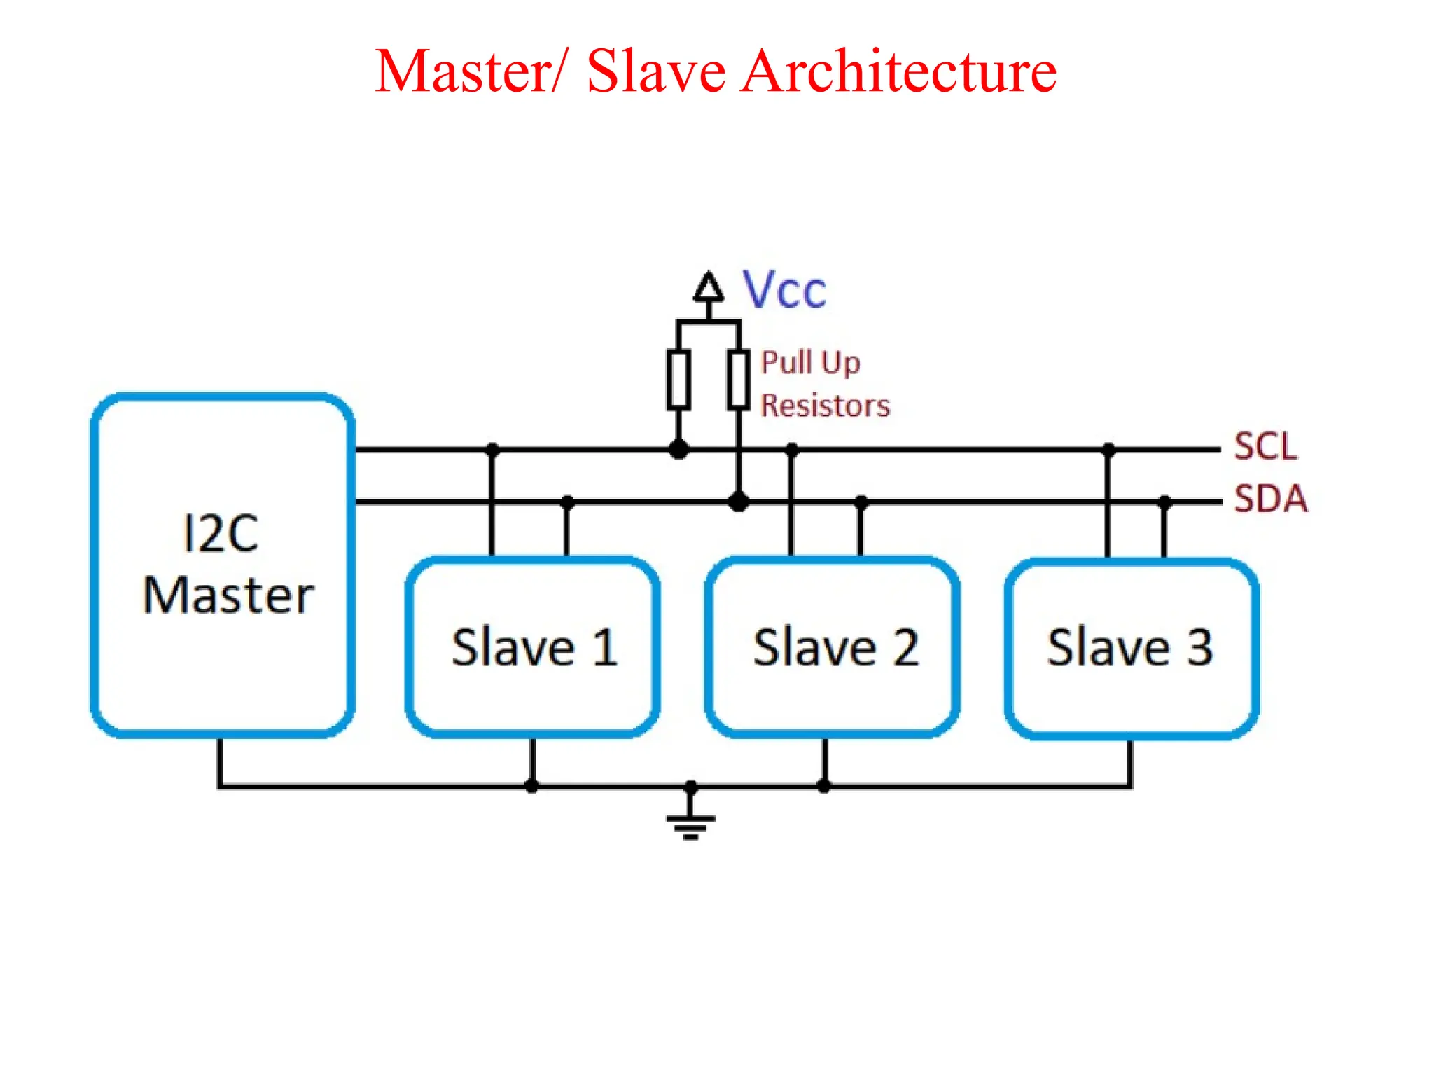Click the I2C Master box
coord(223,565)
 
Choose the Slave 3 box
coord(1132,647)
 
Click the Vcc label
coord(784,290)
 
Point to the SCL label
coord(1265,446)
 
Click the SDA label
coord(1270,499)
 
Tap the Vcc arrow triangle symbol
coord(709,287)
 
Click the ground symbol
coord(690,825)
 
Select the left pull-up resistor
coord(678,380)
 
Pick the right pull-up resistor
coord(738,380)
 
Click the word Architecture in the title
coord(899,71)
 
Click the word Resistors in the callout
coord(825,406)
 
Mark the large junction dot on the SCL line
coord(678,449)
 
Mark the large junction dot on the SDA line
coord(738,502)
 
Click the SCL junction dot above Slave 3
coord(1108,449)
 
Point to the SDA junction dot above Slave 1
coord(567,502)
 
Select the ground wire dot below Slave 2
coord(824,786)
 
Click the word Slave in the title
coord(656,71)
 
